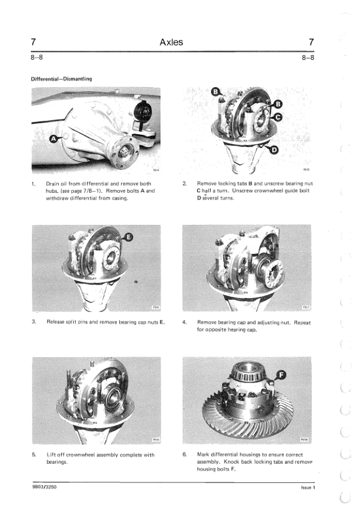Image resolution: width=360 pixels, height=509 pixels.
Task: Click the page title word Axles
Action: [x=171, y=42]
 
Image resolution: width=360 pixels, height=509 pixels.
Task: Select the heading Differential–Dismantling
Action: [x=61, y=79]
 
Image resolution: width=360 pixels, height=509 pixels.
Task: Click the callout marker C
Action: [x=278, y=117]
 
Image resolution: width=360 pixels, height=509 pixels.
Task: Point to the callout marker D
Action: [x=274, y=150]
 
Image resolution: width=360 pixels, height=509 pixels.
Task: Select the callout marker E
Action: [x=129, y=238]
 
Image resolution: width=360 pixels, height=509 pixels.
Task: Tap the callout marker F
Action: [x=281, y=375]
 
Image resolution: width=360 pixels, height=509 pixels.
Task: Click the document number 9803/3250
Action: [x=45, y=487]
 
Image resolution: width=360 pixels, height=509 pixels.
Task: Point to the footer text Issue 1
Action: [x=308, y=487]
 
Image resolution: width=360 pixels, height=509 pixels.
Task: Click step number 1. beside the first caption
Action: [x=33, y=184]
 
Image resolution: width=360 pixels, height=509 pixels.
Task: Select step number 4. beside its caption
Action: [x=185, y=322]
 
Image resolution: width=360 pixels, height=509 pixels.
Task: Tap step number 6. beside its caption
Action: [x=185, y=455]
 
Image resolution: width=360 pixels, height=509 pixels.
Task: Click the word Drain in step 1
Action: [x=52, y=184]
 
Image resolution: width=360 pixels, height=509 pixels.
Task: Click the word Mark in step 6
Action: [x=203, y=455]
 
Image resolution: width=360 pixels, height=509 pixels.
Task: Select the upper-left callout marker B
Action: [x=216, y=92]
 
